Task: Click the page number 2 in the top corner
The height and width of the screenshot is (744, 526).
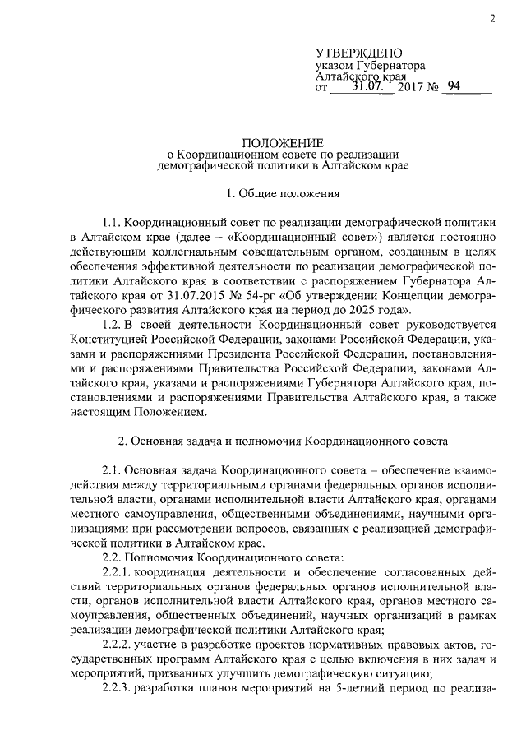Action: (491, 18)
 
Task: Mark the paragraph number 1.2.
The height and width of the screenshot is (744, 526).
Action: (113, 327)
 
